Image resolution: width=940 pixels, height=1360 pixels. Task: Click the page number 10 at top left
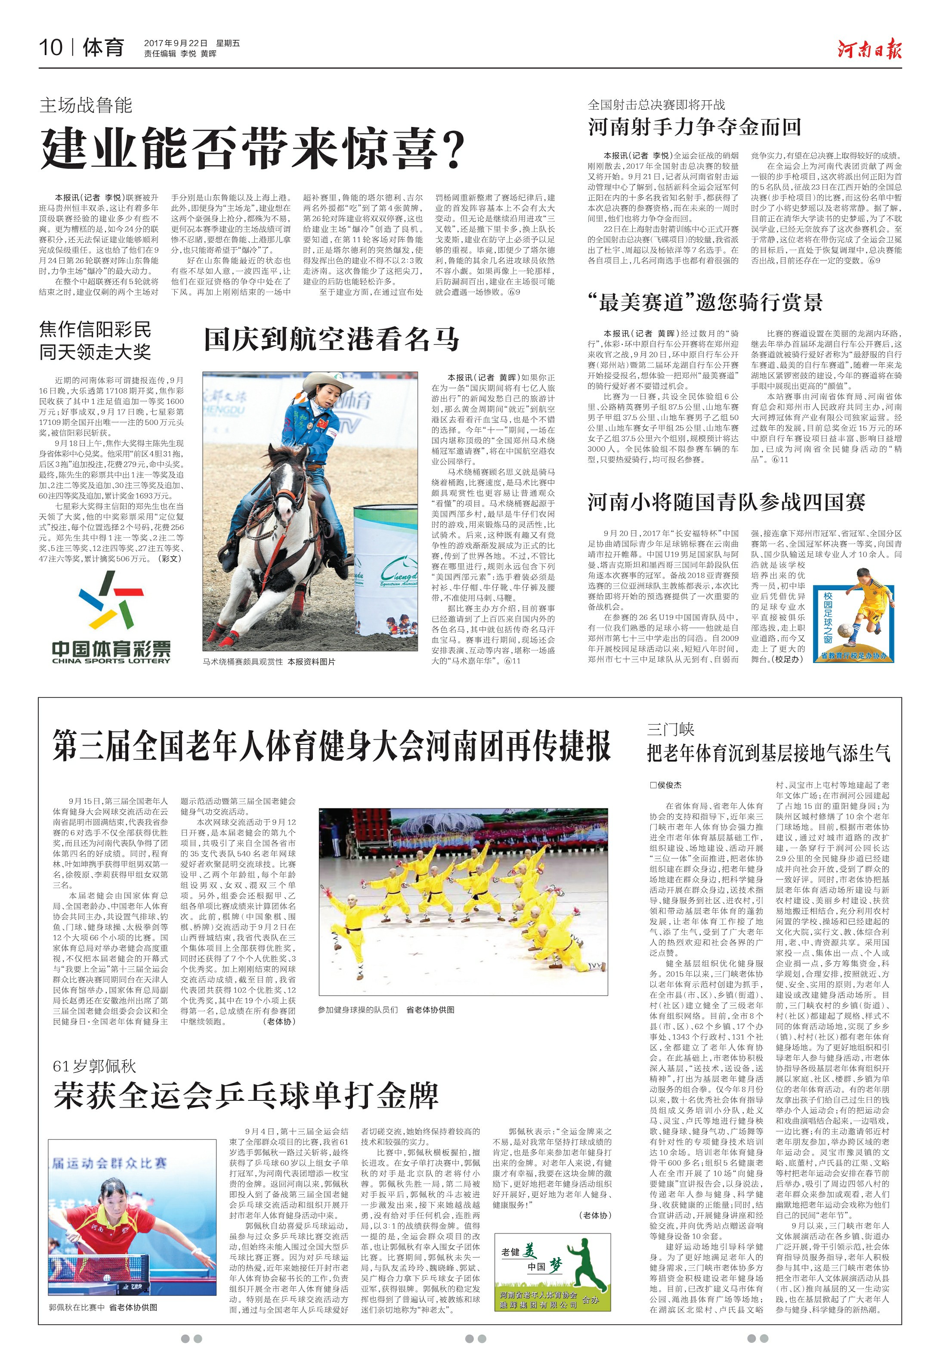click(x=51, y=47)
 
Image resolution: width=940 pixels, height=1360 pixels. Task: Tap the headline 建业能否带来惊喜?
click(x=253, y=149)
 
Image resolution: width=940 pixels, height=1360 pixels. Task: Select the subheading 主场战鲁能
click(x=86, y=105)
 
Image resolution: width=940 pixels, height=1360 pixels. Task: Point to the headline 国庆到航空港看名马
click(x=331, y=340)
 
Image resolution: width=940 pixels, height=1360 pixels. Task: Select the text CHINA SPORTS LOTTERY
click(x=111, y=660)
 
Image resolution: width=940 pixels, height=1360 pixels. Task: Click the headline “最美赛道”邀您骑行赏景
click(x=705, y=302)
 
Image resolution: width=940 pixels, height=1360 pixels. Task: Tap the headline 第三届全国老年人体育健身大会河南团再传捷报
click(x=331, y=746)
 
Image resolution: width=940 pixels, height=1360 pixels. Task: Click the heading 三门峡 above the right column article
click(x=670, y=730)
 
